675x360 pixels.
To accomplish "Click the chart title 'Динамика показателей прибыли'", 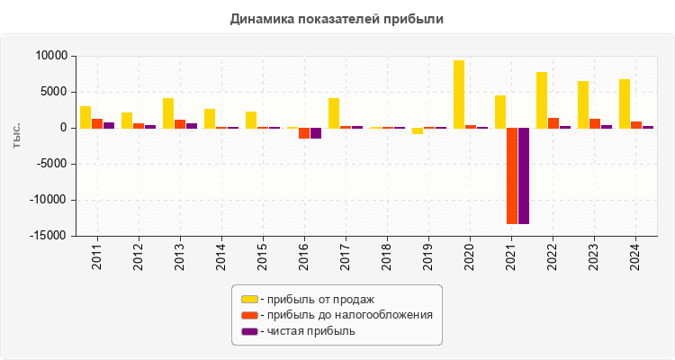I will (x=337, y=18).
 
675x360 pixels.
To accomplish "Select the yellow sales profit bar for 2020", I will (x=459, y=94).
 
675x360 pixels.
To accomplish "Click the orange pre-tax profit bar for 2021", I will (x=512, y=175).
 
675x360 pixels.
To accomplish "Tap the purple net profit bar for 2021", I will (x=524, y=175).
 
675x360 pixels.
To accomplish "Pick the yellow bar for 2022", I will (x=542, y=100).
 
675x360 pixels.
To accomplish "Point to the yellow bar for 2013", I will (x=168, y=112).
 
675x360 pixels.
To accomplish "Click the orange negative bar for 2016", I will (x=304, y=133).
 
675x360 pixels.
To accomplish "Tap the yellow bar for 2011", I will (x=85, y=117).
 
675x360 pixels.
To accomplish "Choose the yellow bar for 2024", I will (x=625, y=103).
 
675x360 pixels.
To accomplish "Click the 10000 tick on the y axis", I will (x=51, y=56).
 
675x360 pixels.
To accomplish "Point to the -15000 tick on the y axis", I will (x=49, y=236).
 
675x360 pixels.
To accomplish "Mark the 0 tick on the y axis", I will (x=63, y=128).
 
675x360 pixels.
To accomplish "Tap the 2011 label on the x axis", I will (x=97, y=256).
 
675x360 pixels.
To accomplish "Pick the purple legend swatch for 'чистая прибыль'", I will (x=249, y=331).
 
